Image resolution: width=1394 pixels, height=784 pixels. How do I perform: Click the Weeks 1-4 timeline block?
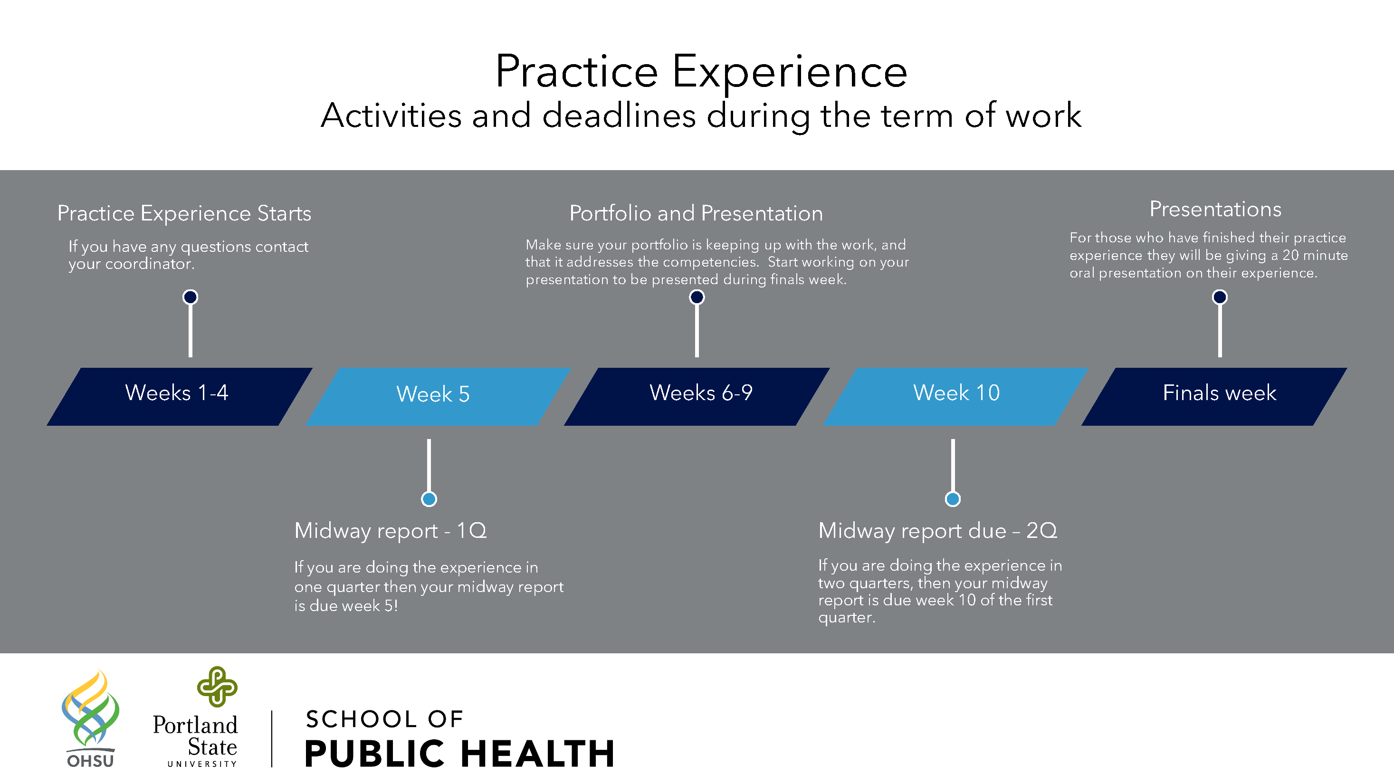(x=180, y=397)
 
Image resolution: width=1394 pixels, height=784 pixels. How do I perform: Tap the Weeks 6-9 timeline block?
(x=697, y=397)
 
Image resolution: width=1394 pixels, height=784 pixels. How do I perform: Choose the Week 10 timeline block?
(x=955, y=397)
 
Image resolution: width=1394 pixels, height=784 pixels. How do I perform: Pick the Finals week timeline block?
(x=1214, y=397)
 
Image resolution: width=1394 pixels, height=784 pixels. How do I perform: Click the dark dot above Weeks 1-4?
(x=190, y=297)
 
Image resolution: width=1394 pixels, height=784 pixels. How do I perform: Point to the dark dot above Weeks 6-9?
(x=697, y=297)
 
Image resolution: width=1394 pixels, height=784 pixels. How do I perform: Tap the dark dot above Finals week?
(x=1220, y=297)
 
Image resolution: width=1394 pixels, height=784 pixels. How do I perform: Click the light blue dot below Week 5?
(x=429, y=499)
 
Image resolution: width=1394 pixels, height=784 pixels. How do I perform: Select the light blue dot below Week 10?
(x=953, y=499)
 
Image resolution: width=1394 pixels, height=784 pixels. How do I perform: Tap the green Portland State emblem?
(x=217, y=687)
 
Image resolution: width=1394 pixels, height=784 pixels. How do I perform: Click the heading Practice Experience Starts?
(x=184, y=214)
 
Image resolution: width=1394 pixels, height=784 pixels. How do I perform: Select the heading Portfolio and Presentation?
(x=696, y=214)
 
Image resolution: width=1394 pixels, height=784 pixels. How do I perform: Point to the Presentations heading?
(x=1215, y=210)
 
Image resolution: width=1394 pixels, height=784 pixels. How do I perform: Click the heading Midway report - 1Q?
(x=390, y=531)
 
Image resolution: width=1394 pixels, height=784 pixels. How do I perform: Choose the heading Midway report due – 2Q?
(x=938, y=531)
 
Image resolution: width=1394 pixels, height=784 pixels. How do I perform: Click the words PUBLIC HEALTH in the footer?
(x=460, y=754)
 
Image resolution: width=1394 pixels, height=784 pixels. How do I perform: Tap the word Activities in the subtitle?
(x=391, y=115)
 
